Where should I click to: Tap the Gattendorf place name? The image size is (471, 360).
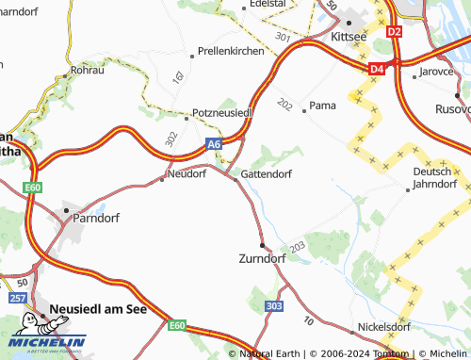[267, 174]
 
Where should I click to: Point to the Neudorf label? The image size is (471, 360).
[186, 173]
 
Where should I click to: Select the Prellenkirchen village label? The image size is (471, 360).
[232, 52]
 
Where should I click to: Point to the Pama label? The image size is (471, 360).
[322, 106]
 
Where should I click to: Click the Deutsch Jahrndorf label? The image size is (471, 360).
[434, 178]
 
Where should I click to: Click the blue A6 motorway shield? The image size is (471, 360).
[214, 144]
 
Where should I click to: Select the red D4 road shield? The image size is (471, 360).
[377, 68]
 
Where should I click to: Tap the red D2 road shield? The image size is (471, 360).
[394, 31]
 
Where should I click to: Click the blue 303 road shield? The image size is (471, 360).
[274, 306]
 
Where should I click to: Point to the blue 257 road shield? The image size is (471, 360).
[18, 298]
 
